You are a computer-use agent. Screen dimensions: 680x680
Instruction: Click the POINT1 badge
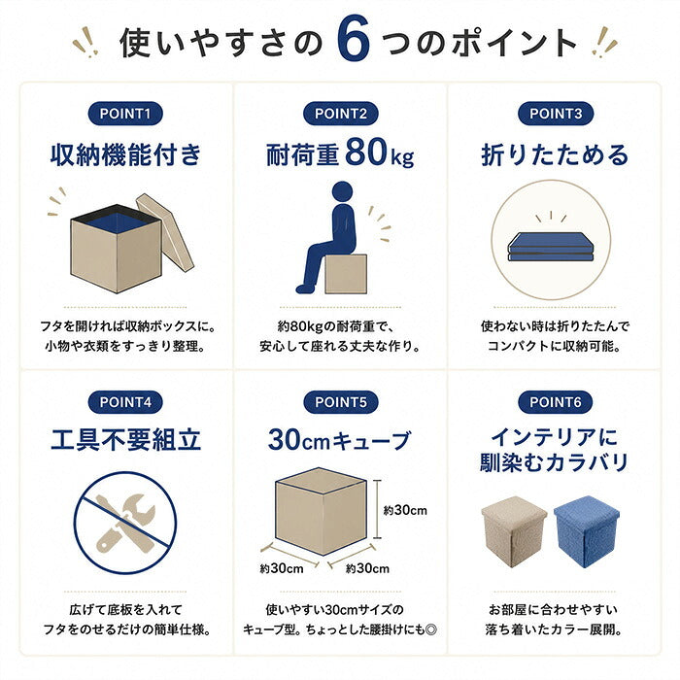(125, 114)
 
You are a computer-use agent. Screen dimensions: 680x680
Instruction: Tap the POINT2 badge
(340, 114)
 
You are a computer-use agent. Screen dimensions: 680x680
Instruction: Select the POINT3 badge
(556, 114)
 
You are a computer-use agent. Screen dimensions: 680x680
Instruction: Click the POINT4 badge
(125, 402)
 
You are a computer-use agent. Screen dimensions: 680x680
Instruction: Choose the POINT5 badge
(340, 402)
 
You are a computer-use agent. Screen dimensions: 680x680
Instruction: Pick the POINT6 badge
(556, 402)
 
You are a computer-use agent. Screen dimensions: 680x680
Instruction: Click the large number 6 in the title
(354, 39)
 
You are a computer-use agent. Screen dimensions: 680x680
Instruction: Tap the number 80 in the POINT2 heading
(366, 152)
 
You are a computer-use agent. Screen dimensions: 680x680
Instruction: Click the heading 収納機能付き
(125, 154)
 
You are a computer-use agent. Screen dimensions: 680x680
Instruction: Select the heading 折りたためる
(555, 154)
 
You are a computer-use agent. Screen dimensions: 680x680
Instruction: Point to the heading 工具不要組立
(125, 440)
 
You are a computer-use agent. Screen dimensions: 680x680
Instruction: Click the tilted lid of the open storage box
(165, 232)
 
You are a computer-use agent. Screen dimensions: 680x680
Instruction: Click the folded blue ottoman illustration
(551, 247)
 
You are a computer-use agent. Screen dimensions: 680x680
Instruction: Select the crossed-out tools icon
(125, 523)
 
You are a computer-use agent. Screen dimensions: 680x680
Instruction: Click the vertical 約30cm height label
(405, 510)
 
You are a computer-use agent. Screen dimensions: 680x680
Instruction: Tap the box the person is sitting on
(346, 274)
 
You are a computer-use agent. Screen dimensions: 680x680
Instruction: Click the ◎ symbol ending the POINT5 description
(431, 629)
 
